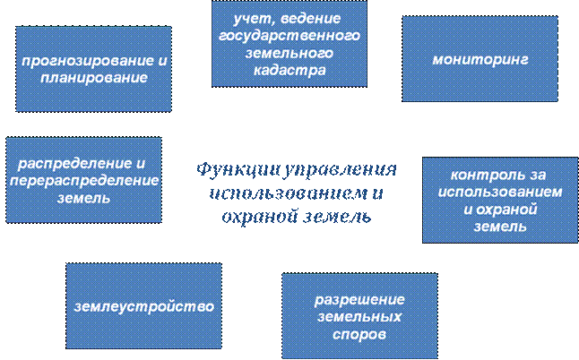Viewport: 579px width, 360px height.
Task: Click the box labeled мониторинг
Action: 480,59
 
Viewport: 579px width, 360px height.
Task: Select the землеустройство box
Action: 143,306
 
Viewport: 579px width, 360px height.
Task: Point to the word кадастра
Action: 289,70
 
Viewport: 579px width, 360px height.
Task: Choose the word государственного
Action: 289,36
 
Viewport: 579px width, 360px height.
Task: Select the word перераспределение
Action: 82,181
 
